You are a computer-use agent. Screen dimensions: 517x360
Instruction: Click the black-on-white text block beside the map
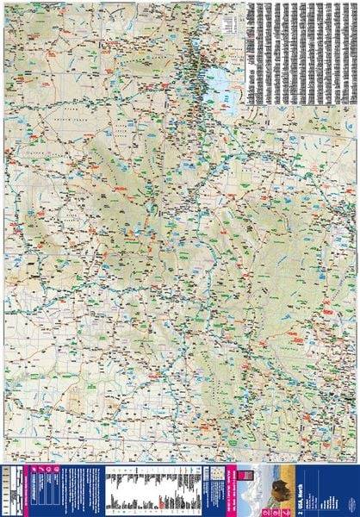click(301, 52)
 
